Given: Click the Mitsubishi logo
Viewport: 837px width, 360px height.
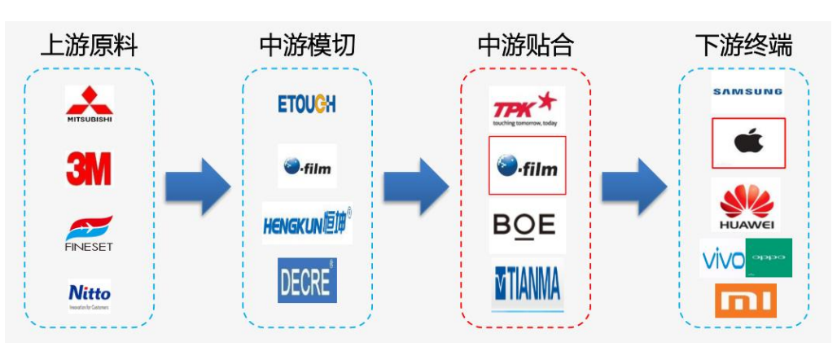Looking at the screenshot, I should (x=89, y=104).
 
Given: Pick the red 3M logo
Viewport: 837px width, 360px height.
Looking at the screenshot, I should (x=89, y=169).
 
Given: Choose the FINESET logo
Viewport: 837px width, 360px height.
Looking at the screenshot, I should (x=89, y=233).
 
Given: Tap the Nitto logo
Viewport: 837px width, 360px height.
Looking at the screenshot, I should (x=89, y=295).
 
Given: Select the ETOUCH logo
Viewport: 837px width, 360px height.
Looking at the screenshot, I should (x=307, y=103).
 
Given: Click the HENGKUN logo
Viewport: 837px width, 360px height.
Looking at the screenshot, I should (x=307, y=223).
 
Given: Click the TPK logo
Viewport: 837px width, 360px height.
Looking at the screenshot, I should (x=526, y=109).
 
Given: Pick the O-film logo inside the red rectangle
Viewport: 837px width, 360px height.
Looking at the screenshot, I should (x=526, y=165).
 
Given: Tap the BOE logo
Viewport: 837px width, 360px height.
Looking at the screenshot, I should (x=526, y=224).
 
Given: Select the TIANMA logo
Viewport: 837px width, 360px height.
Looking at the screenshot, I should (x=526, y=285).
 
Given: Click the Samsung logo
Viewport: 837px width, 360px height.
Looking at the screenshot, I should (x=747, y=92).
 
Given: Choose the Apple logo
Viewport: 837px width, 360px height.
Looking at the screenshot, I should (x=747, y=140).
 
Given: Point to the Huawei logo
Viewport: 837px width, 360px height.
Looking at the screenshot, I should (x=747, y=204).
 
